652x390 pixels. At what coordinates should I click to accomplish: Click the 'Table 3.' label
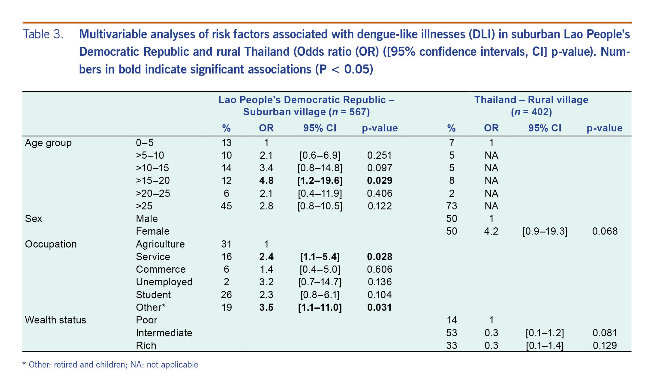click(x=43, y=34)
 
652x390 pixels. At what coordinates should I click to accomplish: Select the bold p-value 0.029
click(x=380, y=181)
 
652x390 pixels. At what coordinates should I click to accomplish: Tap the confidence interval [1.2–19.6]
click(x=320, y=181)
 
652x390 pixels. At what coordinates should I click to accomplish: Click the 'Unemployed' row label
click(x=164, y=282)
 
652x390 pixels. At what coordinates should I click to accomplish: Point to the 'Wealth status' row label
click(x=56, y=320)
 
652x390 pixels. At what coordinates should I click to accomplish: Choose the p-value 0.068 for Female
click(x=605, y=231)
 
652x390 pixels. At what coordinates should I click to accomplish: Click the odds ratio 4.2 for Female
click(x=491, y=231)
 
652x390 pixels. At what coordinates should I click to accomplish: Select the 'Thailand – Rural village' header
click(x=531, y=100)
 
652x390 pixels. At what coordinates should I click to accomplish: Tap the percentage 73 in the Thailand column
click(x=452, y=206)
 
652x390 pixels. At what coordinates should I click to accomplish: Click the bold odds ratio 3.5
click(x=266, y=307)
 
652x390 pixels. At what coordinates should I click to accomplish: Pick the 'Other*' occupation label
click(x=151, y=307)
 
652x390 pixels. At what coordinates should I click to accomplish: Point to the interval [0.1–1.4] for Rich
click(x=545, y=346)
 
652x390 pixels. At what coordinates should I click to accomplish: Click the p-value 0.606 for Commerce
click(x=380, y=269)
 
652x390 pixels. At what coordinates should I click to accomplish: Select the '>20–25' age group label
click(x=153, y=193)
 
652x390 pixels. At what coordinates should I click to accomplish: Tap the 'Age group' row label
click(x=48, y=143)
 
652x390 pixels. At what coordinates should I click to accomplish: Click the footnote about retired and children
click(x=110, y=365)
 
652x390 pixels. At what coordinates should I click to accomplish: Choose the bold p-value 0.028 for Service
click(x=380, y=257)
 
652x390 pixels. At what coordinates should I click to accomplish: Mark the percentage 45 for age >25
click(x=226, y=206)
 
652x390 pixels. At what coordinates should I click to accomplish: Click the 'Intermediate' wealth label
click(x=164, y=333)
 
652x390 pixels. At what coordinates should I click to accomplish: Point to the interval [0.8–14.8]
click(x=320, y=168)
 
